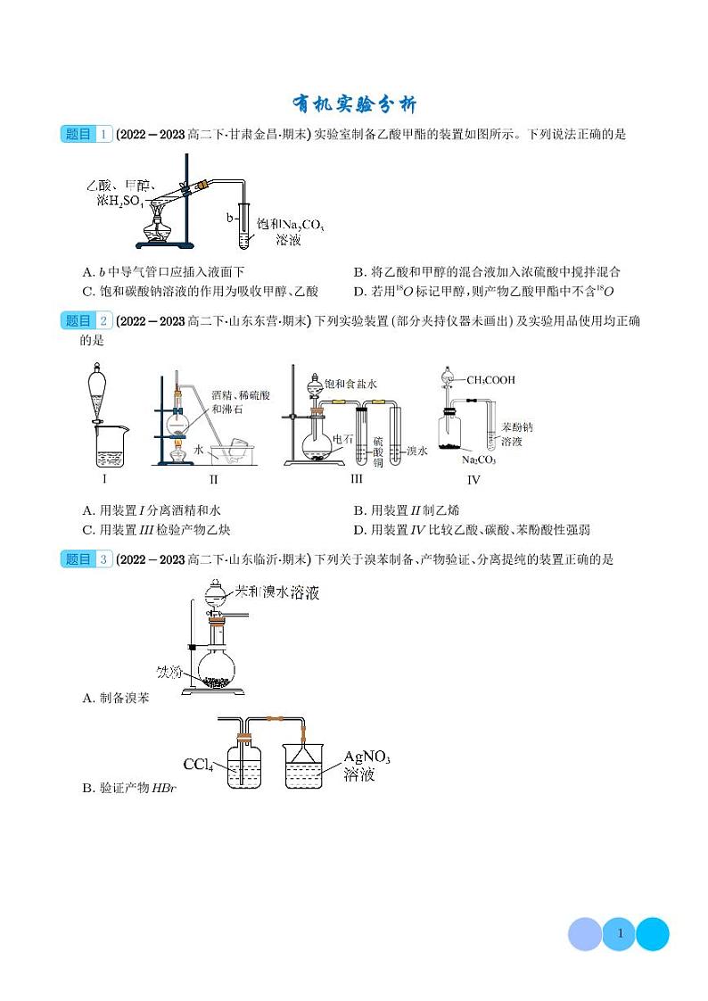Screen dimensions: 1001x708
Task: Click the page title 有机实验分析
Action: (354, 104)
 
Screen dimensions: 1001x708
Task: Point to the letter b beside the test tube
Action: (229, 217)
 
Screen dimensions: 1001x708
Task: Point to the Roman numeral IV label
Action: (473, 479)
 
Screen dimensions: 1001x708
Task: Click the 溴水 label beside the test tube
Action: (416, 451)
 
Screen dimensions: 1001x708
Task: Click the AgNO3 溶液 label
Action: (366, 765)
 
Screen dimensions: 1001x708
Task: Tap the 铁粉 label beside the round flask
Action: (169, 671)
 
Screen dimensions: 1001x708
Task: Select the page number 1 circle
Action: (619, 934)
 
